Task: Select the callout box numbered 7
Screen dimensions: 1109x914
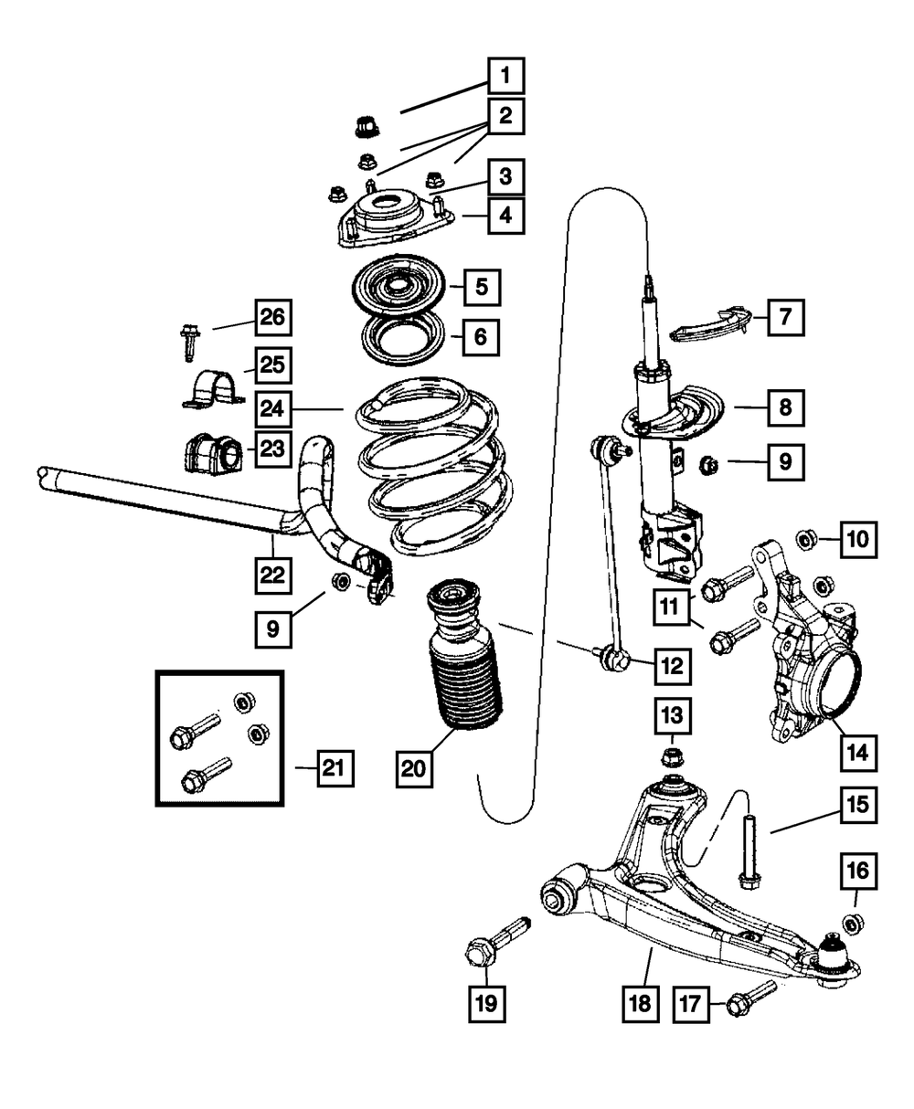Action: click(x=784, y=318)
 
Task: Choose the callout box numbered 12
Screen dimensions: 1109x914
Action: click(x=671, y=668)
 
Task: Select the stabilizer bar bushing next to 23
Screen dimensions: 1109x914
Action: click(x=211, y=451)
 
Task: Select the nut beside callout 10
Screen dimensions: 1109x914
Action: click(x=807, y=540)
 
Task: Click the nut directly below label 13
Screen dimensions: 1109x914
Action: click(x=671, y=756)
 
